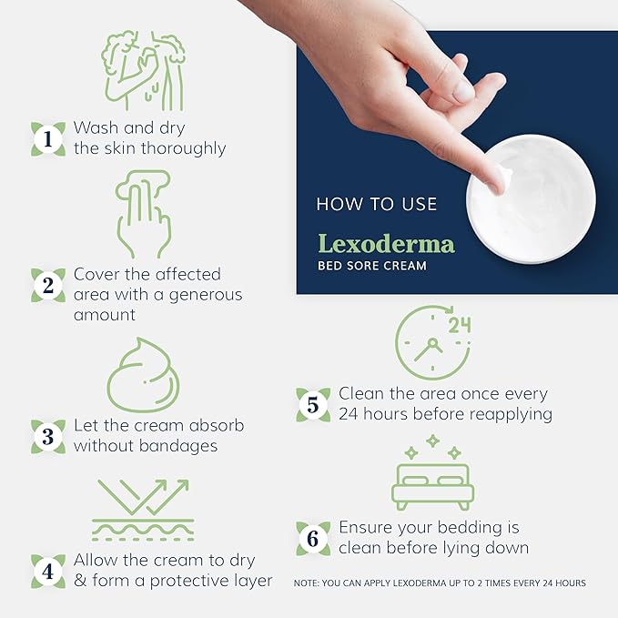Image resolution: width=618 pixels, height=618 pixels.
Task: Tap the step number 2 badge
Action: click(47, 285)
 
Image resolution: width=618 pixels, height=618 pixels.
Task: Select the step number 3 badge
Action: click(47, 435)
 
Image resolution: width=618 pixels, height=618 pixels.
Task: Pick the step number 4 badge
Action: click(47, 571)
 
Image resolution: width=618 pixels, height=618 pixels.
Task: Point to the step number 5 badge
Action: click(312, 404)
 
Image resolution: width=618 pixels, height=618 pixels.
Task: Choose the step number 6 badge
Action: click(312, 538)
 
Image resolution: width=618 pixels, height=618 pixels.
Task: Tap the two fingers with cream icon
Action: click(144, 215)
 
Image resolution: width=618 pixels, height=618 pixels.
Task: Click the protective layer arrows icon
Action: click(144, 508)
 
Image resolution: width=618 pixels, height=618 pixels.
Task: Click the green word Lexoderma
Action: click(385, 244)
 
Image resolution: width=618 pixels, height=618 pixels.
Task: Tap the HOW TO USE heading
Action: click(377, 205)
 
